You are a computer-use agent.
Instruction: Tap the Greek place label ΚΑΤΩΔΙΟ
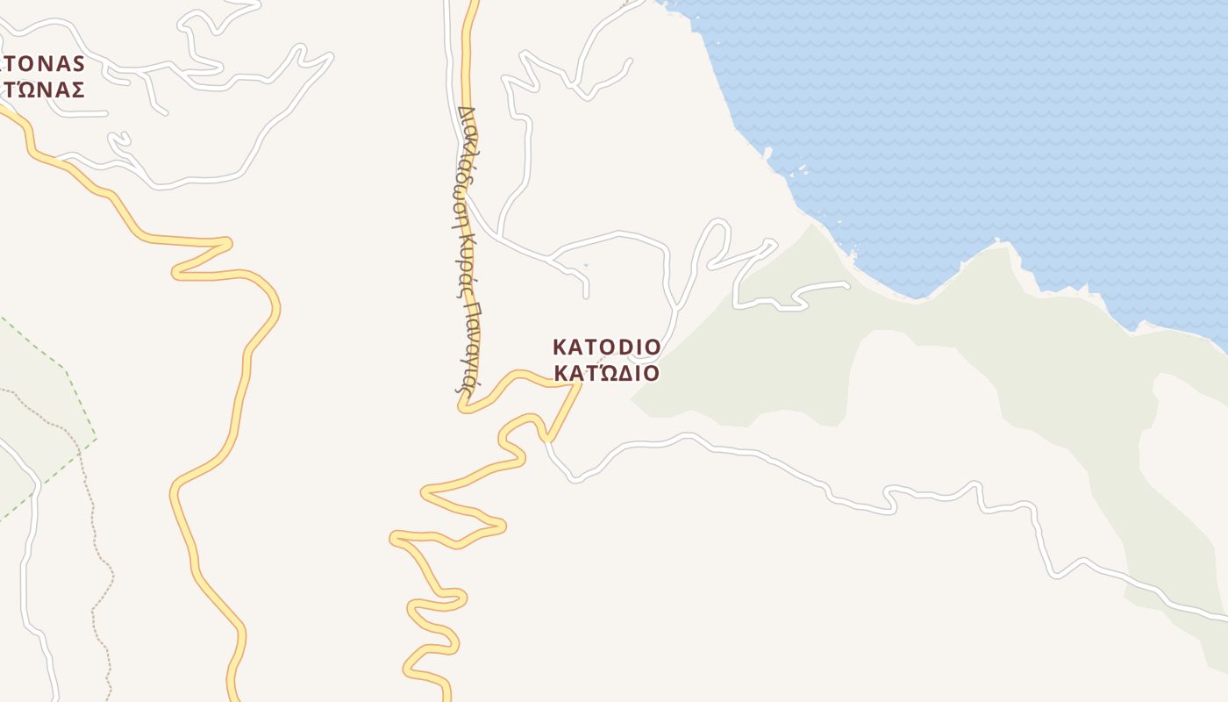pos(606,374)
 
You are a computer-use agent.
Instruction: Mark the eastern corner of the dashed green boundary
pos(96,437)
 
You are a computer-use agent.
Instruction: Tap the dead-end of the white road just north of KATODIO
pos(587,296)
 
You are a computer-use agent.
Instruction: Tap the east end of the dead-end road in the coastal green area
pos(846,284)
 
